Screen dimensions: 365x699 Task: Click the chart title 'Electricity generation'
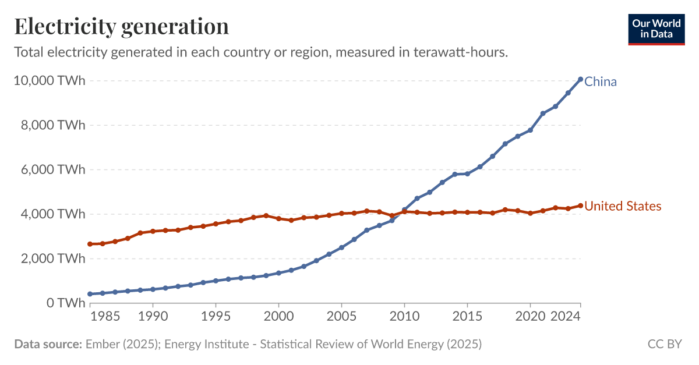click(x=121, y=27)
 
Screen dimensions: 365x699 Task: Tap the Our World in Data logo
click(x=656, y=29)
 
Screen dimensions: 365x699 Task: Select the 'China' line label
click(x=600, y=81)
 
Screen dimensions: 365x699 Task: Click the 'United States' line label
click(x=623, y=206)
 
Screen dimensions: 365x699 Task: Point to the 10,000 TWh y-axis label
click(x=49, y=80)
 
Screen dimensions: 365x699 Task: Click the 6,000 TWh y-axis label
click(x=52, y=170)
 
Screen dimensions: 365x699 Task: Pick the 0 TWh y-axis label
click(x=64, y=303)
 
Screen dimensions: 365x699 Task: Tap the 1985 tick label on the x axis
click(x=103, y=318)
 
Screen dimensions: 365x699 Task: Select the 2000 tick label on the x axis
click(x=278, y=318)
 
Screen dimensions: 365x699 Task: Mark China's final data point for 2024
click(x=580, y=79)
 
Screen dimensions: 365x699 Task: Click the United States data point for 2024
click(x=580, y=205)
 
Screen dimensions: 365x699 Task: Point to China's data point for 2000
click(x=278, y=273)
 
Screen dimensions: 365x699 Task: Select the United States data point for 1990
click(x=153, y=231)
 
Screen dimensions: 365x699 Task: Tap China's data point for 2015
click(x=467, y=173)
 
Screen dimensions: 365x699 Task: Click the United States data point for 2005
click(x=341, y=214)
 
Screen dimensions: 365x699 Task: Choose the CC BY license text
click(x=664, y=344)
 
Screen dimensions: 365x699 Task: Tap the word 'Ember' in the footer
click(x=102, y=344)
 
